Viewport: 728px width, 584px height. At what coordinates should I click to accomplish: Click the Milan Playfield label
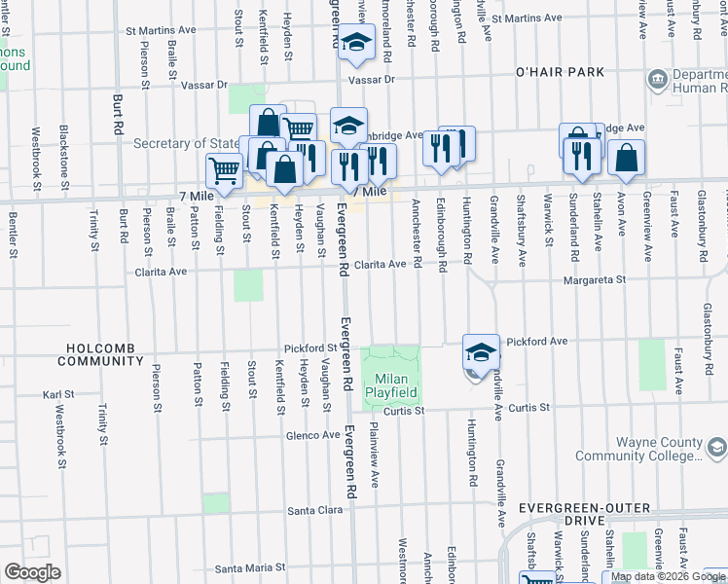[391, 384]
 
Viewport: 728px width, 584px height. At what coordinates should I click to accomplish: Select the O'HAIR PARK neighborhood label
[560, 72]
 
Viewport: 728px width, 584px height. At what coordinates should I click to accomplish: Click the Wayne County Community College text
[637, 449]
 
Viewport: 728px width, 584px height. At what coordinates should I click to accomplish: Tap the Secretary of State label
[187, 144]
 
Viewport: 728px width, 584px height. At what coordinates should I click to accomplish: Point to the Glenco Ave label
[311, 435]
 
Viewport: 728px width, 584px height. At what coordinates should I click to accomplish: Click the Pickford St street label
[309, 347]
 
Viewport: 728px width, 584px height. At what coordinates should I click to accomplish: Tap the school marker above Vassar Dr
[357, 42]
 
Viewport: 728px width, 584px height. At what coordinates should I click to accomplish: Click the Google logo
[32, 571]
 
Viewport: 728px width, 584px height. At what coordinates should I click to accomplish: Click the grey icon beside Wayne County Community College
[716, 447]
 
